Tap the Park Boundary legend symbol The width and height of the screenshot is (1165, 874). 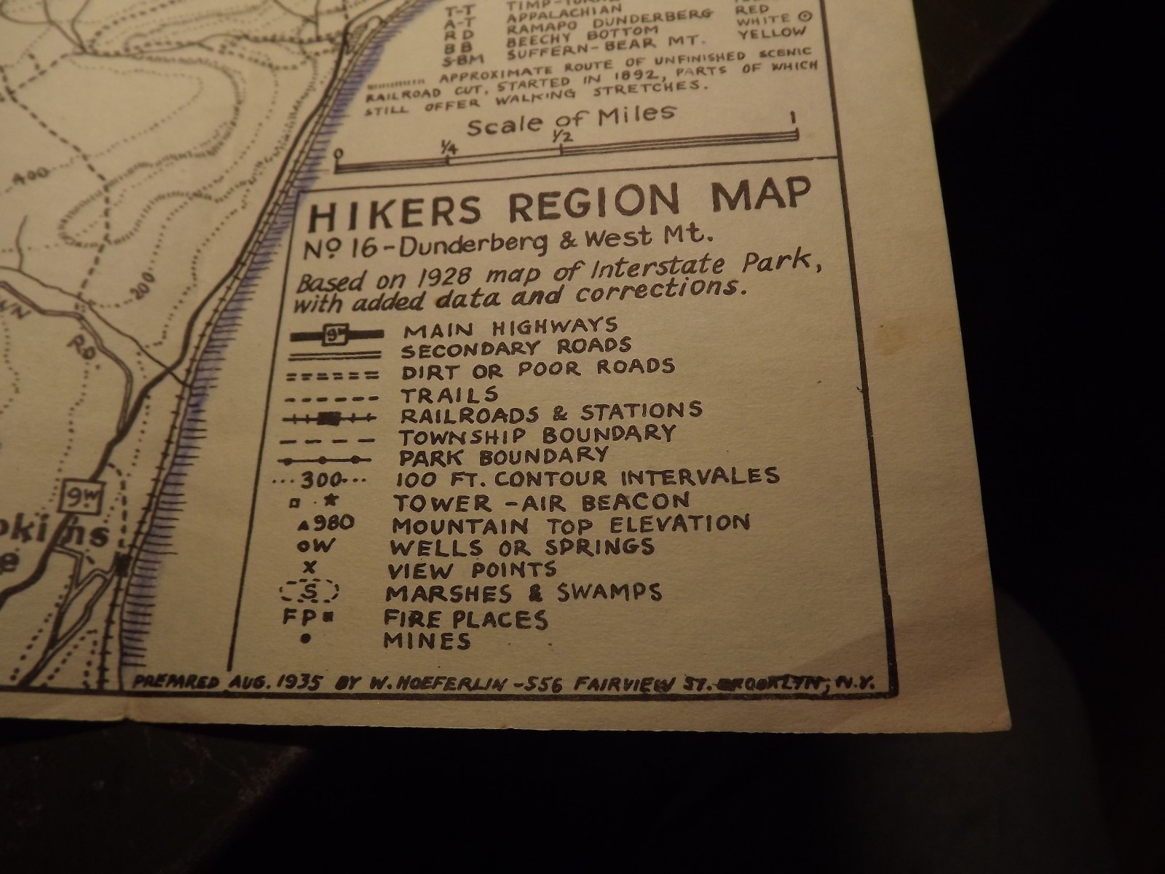point(328,460)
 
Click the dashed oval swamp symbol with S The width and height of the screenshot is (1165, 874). point(309,591)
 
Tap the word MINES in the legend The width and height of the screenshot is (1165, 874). point(427,641)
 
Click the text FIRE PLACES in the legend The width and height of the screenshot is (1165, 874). point(465,619)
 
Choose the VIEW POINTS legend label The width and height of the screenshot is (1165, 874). point(472,570)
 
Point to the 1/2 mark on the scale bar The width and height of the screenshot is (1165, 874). point(561,137)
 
